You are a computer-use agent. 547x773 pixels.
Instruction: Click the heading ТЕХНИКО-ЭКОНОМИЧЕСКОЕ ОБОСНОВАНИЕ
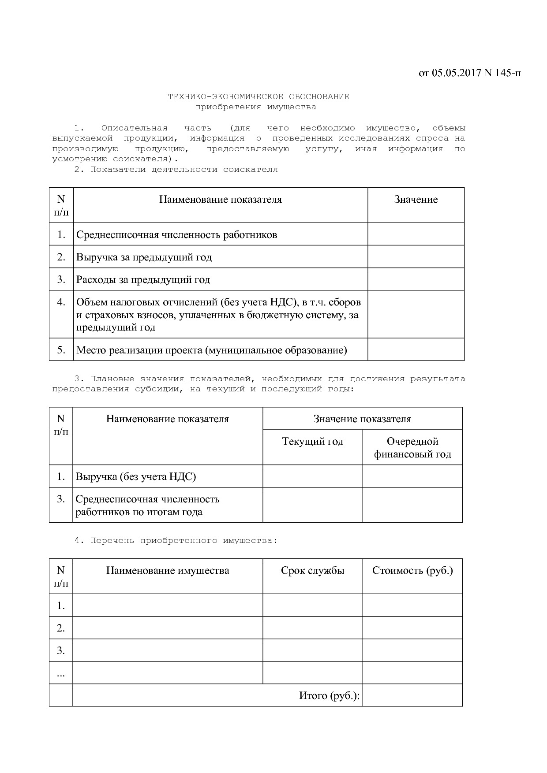259,97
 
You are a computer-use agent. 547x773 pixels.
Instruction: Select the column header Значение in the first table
416,200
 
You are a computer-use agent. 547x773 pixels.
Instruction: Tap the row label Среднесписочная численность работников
176,235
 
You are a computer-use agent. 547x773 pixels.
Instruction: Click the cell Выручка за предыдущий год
144,257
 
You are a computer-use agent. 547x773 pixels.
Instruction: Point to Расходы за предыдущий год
143,280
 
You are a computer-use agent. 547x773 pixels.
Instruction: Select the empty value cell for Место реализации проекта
416,350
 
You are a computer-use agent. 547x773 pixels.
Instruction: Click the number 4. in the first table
61,302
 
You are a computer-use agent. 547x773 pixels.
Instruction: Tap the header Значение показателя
362,419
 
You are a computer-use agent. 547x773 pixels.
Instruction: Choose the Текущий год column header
312,442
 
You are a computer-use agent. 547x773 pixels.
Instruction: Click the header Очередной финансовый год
412,448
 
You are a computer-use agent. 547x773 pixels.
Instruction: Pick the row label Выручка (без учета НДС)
135,477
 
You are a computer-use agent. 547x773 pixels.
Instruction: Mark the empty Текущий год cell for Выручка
312,477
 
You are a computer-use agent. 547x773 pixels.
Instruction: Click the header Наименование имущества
168,571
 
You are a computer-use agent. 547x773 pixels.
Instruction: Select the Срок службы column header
312,571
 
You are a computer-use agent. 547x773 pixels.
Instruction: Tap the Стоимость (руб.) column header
412,571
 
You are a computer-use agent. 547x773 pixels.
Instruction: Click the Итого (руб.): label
329,696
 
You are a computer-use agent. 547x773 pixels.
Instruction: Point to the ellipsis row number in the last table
61,673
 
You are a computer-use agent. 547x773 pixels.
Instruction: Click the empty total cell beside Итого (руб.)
412,695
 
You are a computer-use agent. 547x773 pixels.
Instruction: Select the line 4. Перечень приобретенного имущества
176,541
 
